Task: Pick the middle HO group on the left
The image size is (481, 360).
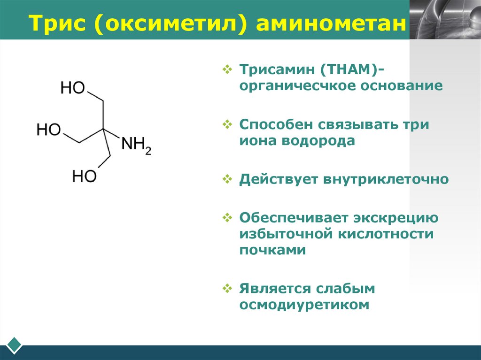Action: tap(48, 130)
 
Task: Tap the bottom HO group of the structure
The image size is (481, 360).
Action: tap(84, 176)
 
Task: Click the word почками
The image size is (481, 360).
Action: tap(272, 250)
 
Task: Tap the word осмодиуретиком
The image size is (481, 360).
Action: tap(304, 305)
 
